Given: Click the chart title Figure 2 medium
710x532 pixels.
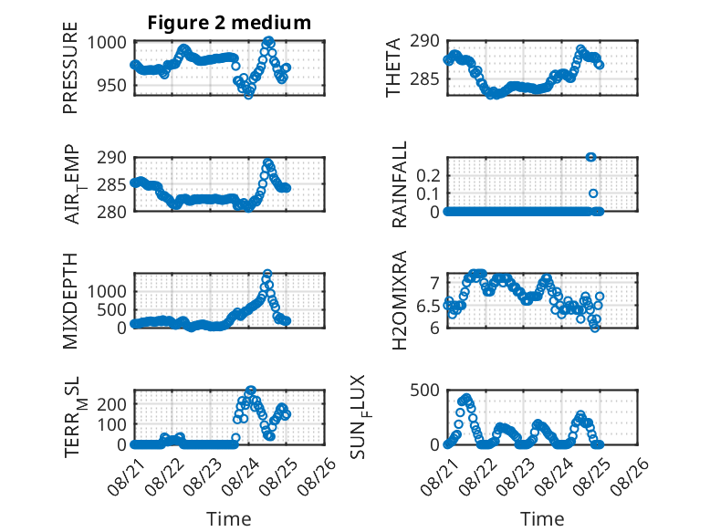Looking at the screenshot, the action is (229, 23).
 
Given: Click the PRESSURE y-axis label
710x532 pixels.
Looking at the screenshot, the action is (70, 68).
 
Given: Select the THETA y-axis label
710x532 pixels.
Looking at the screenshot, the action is (393, 68).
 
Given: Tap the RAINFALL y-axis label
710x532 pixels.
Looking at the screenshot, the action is (400, 184).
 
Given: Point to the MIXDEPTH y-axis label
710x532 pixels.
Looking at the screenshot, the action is (70, 301).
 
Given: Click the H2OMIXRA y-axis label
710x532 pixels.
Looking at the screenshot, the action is (400, 300).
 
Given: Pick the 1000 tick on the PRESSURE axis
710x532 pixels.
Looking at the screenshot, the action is (107, 43).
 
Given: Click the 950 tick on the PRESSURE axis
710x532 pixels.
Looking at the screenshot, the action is (112, 85).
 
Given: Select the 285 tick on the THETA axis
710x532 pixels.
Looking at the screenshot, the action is (425, 79).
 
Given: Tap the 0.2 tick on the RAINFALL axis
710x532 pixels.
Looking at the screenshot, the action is (428, 175).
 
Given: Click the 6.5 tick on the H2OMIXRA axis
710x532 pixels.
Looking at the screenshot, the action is (428, 306).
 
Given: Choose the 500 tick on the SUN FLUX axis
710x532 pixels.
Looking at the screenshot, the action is (425, 391).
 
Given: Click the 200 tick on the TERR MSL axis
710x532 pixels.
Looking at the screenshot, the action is (112, 404).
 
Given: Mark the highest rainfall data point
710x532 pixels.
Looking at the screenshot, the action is (590, 157).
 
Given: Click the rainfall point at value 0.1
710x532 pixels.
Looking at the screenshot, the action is (593, 193).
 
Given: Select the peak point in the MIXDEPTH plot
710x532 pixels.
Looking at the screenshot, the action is (267, 274).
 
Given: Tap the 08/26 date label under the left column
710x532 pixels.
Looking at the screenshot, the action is (317, 476).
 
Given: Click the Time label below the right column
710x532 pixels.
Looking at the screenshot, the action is (542, 519).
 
